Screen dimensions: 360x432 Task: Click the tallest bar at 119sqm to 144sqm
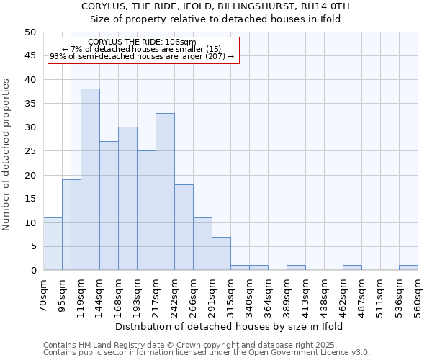coord(90,179)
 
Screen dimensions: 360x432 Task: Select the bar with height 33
coord(165,192)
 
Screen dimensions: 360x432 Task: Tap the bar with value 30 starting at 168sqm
coord(127,199)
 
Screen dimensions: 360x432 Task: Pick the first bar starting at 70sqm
coord(53,244)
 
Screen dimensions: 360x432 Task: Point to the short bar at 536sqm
coord(408,268)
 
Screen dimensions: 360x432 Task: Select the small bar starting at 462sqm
coord(352,268)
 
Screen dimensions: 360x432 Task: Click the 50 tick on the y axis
coord(30,32)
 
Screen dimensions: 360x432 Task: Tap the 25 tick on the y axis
coord(30,151)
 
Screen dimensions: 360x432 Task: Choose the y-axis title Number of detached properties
coord(7,155)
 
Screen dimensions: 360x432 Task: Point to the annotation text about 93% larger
coord(142,56)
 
